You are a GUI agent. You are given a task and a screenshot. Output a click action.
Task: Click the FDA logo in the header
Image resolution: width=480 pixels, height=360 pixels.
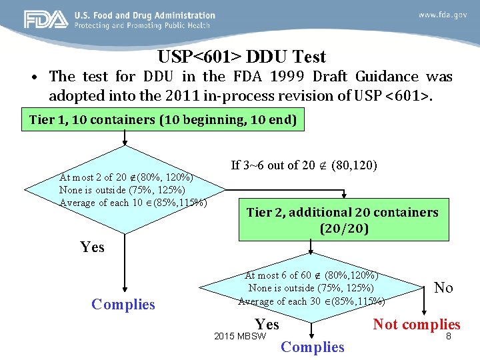coord(46,19)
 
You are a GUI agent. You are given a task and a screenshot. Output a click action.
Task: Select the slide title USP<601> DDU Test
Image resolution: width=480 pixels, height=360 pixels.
coord(242,57)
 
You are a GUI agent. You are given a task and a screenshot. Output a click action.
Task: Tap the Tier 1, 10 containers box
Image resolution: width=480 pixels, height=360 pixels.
coord(163,121)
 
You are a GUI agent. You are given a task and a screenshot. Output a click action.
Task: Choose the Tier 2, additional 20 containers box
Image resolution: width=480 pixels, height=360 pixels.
coord(343,220)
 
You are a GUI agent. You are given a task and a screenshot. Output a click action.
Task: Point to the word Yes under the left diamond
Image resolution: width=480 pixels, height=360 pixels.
coord(92,247)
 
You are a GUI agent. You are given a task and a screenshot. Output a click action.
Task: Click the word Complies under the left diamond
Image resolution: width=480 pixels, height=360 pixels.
coord(123,305)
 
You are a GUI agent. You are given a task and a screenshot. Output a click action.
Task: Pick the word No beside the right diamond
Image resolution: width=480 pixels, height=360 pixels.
coord(443,287)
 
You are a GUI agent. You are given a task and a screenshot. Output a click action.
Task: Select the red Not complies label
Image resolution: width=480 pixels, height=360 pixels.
coord(417,325)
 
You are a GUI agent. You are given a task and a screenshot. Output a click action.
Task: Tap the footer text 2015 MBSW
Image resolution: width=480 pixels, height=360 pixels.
coord(240,336)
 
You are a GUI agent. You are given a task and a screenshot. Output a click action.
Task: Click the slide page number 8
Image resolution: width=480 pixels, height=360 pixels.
coord(449,337)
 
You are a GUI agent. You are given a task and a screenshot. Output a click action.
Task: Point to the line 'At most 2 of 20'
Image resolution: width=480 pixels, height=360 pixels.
coord(127,178)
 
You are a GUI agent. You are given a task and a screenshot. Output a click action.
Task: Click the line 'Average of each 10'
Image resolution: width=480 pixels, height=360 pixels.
coord(133,203)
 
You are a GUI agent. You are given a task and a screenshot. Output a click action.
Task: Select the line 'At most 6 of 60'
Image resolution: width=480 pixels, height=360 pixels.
coord(312,275)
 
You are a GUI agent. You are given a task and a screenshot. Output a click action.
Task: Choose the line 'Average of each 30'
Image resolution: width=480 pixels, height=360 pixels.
coord(311,301)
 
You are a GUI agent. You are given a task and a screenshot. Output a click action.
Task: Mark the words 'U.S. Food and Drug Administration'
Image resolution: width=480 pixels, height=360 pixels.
coord(145,15)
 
